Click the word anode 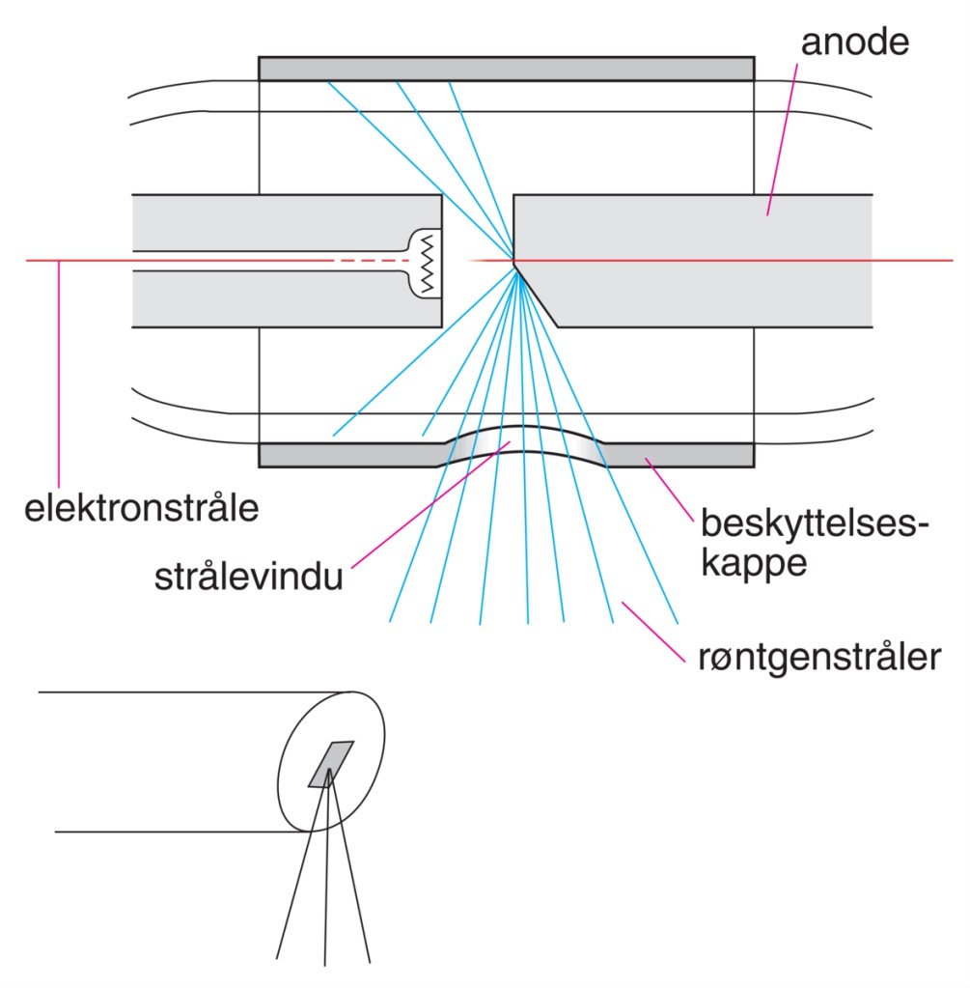pyautogui.click(x=854, y=44)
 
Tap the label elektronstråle pyautogui.click(x=141, y=508)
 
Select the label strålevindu pyautogui.click(x=249, y=580)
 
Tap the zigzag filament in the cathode pyautogui.click(x=428, y=262)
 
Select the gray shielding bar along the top pyautogui.click(x=506, y=68)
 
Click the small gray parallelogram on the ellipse pyautogui.click(x=331, y=764)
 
